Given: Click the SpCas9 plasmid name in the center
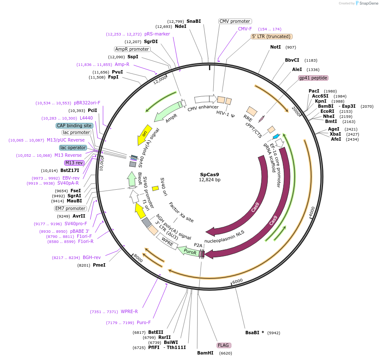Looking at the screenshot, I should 210,174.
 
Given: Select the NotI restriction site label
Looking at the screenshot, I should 275,47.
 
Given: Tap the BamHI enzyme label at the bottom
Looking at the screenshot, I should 205,353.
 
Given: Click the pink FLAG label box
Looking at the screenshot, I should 223,345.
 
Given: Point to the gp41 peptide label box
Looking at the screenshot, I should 313,78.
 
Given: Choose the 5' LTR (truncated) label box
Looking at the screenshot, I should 271,37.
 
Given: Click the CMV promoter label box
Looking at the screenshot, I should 235,21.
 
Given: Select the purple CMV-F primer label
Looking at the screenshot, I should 245,29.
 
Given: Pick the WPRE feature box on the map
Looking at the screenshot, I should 168,243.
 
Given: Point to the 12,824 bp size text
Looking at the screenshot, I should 210,180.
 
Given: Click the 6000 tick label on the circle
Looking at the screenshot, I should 238,281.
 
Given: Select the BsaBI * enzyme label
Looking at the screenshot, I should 255,333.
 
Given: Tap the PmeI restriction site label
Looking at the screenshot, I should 99,265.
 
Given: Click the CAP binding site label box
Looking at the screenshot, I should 74,125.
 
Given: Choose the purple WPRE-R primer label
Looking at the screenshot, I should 129,312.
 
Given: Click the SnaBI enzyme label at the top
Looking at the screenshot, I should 194,21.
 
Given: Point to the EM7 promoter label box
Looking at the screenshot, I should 71,208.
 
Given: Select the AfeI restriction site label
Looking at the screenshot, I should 336,139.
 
